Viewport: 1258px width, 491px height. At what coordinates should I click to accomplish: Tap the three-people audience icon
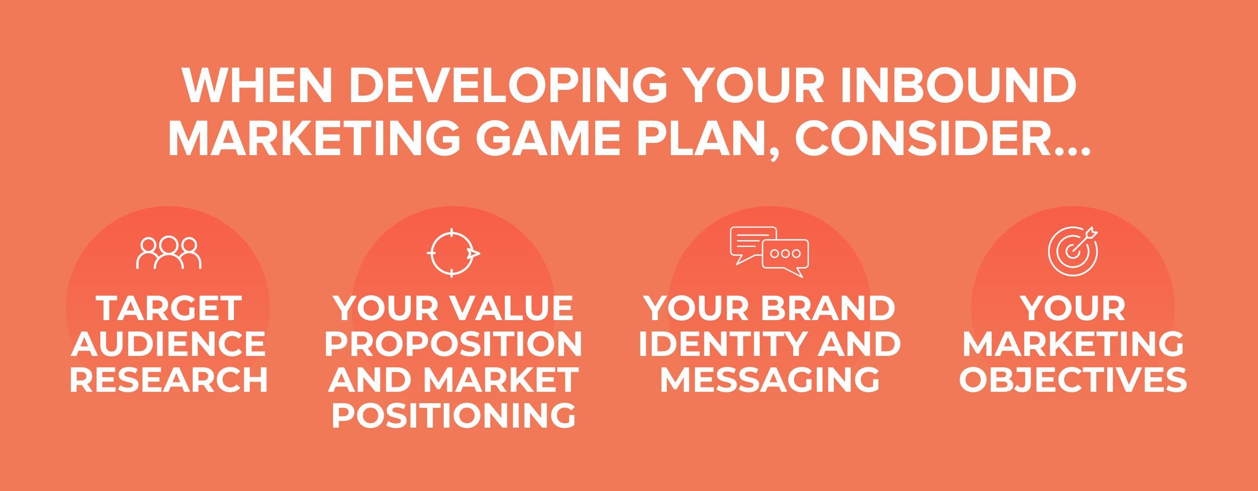(169, 252)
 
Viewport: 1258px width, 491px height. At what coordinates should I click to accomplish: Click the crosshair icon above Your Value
(453, 253)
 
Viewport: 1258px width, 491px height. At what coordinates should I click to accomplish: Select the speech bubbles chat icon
(769, 252)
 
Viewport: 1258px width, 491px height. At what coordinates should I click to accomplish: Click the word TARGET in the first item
(169, 308)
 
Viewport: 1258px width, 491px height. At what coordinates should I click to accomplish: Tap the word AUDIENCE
(169, 344)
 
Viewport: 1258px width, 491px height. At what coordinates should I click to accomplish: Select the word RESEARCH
(169, 379)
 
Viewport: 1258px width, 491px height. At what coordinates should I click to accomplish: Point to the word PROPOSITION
(453, 344)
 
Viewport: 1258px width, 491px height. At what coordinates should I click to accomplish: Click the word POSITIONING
(453, 415)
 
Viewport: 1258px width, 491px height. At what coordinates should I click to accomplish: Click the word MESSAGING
(769, 379)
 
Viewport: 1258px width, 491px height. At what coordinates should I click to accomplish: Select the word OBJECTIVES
(1073, 379)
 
